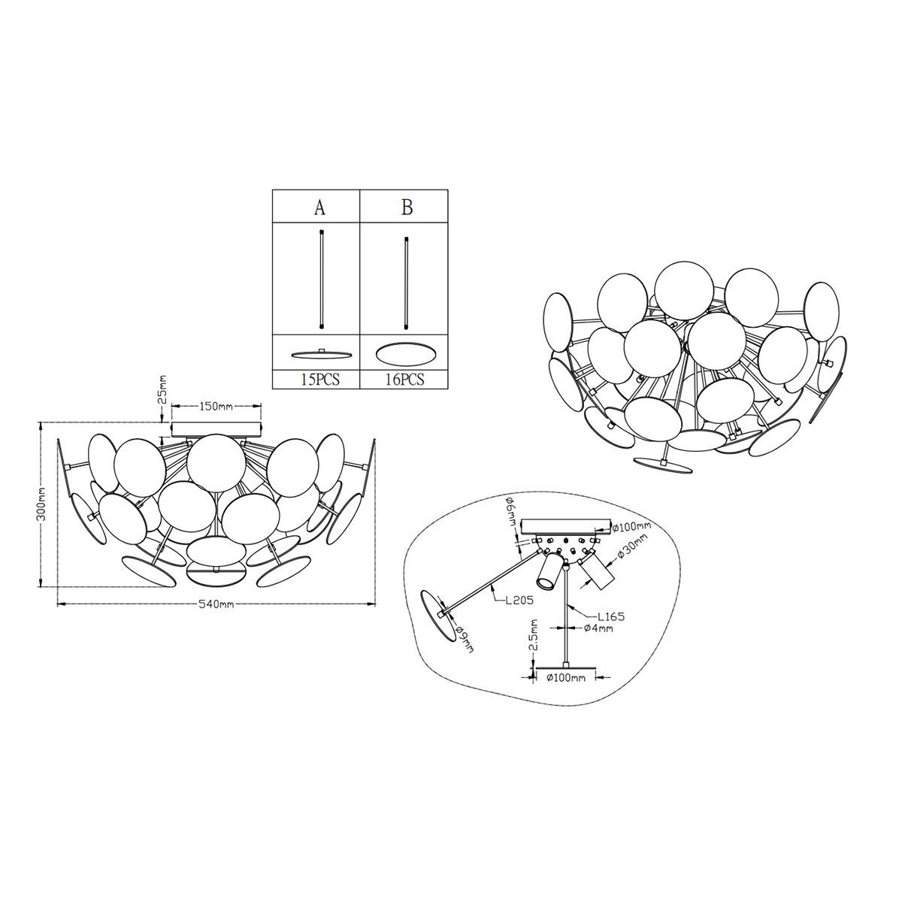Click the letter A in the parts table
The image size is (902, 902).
319,207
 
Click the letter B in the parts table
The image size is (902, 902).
407,207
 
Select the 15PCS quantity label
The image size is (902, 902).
319,378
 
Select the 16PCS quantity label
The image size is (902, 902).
405,378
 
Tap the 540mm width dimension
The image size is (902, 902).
216,604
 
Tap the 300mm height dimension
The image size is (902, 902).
41,504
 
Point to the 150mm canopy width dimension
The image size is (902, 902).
216,407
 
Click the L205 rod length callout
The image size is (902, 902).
519,600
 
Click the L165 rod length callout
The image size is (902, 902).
610,616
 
